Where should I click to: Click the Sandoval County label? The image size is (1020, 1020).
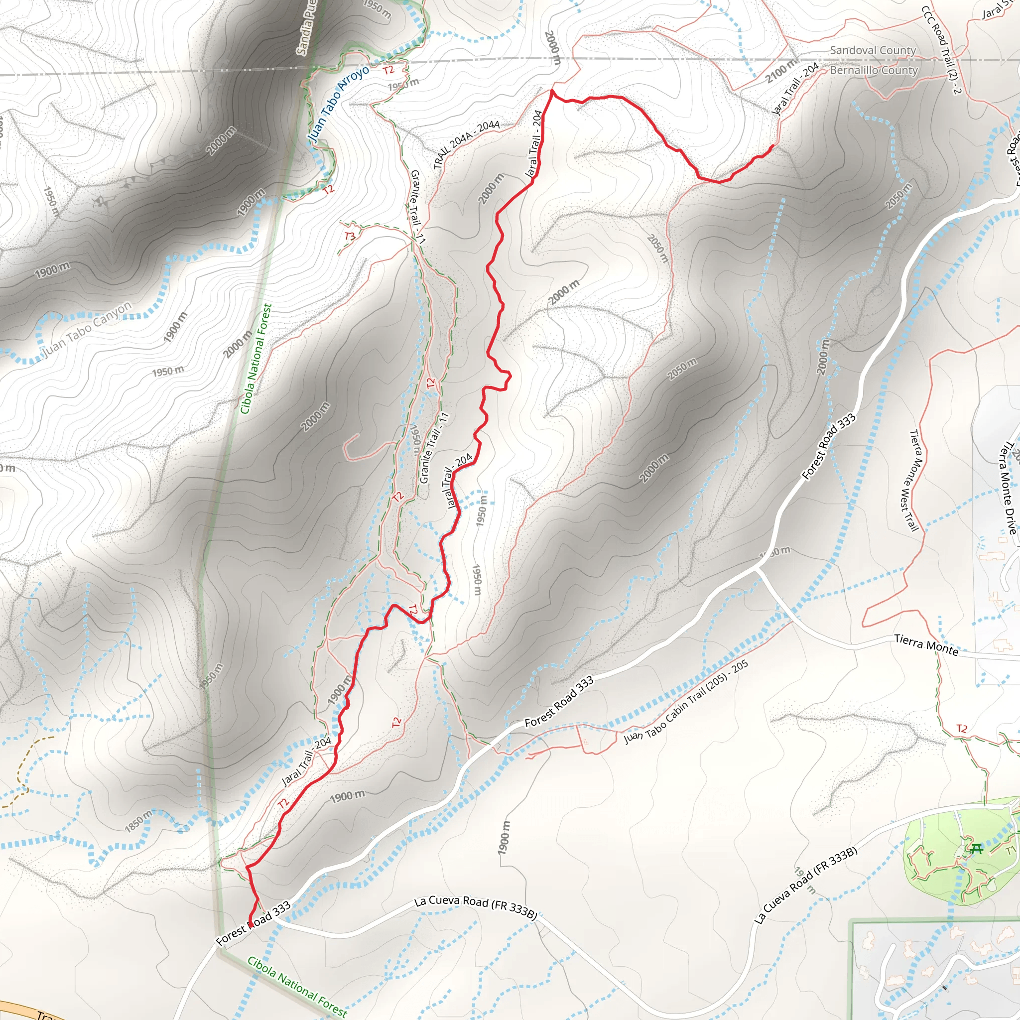click(x=873, y=51)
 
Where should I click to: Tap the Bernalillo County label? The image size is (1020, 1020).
click(x=874, y=70)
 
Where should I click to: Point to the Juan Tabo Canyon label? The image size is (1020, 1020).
click(x=87, y=329)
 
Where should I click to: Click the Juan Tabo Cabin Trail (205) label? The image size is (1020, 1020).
click(x=686, y=702)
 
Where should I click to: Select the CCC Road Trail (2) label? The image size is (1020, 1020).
click(x=940, y=50)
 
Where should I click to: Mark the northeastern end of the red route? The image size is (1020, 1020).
click(x=773, y=145)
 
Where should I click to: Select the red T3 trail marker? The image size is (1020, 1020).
click(x=350, y=236)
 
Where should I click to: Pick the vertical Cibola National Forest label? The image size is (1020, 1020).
click(x=256, y=359)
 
